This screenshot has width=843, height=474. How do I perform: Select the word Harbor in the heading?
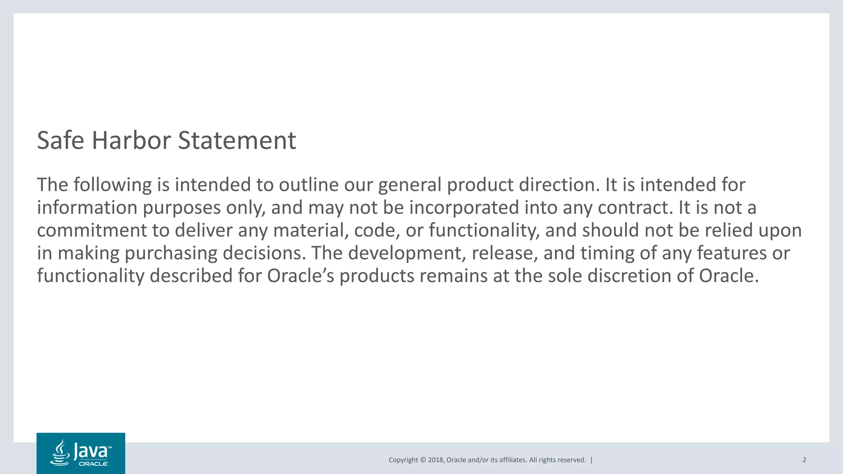131,141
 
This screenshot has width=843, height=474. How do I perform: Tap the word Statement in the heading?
237,141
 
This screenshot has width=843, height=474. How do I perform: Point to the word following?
112,185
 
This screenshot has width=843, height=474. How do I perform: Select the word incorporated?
464,208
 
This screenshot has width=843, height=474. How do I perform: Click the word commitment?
92,230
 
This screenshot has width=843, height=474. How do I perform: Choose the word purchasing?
171,253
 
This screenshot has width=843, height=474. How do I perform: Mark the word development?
407,253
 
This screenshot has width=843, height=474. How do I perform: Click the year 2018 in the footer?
435,460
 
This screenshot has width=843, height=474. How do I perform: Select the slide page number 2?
804,460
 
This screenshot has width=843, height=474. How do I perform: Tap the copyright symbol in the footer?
422,460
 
